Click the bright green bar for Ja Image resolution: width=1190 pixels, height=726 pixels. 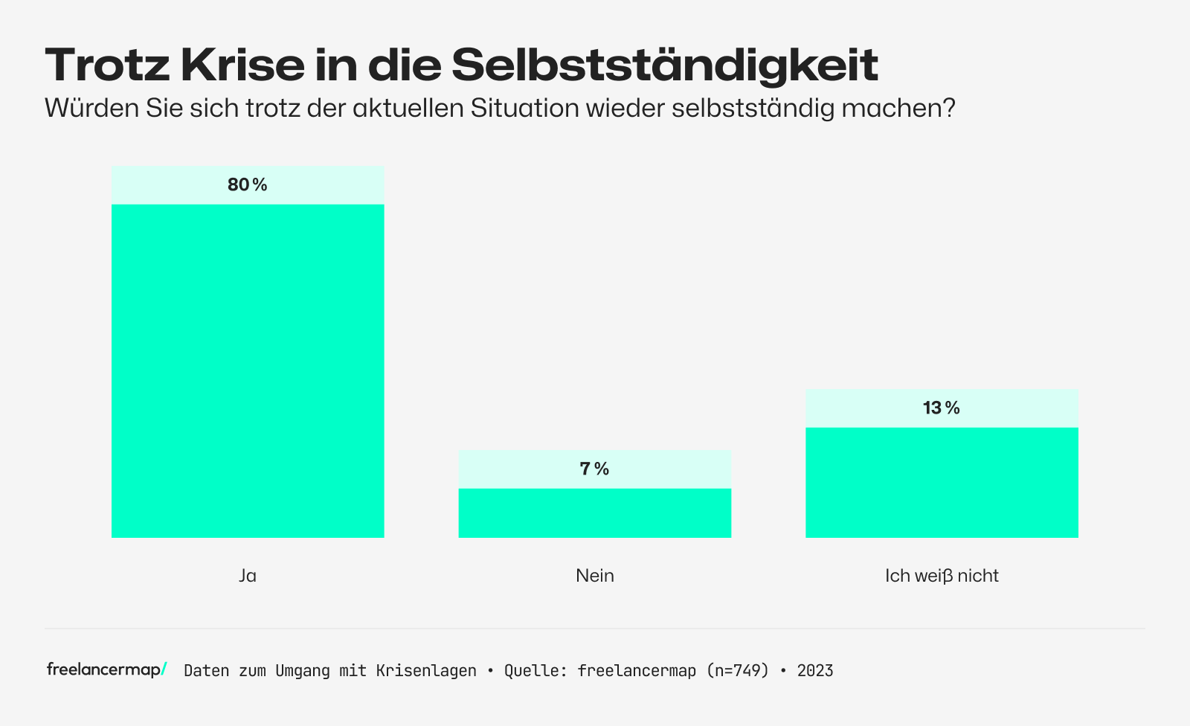pyautogui.click(x=248, y=370)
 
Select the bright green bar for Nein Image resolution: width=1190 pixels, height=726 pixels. pyautogui.click(x=595, y=513)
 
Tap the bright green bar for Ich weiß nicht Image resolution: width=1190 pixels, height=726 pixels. pyautogui.click(x=942, y=482)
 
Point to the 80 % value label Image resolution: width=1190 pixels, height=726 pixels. pyautogui.click(x=248, y=185)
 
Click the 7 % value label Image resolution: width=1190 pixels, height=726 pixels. pyautogui.click(x=595, y=469)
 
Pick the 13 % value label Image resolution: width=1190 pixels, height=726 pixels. pyautogui.click(x=942, y=408)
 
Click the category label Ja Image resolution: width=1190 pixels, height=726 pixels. pyautogui.click(x=248, y=576)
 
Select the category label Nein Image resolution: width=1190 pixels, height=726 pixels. pyautogui.click(x=595, y=576)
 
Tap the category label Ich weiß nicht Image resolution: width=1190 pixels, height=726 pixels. pyautogui.click(x=942, y=576)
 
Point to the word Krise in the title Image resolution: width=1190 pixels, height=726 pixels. pyautogui.click(x=242, y=65)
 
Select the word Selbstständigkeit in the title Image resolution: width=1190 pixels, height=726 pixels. pyautogui.click(x=664, y=65)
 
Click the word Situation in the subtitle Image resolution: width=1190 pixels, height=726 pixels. pyautogui.click(x=524, y=109)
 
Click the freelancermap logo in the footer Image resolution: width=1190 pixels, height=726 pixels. pyautogui.click(x=106, y=669)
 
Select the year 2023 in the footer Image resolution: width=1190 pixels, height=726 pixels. pyautogui.click(x=815, y=671)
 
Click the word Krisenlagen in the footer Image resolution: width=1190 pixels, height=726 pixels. pyautogui.click(x=426, y=671)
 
